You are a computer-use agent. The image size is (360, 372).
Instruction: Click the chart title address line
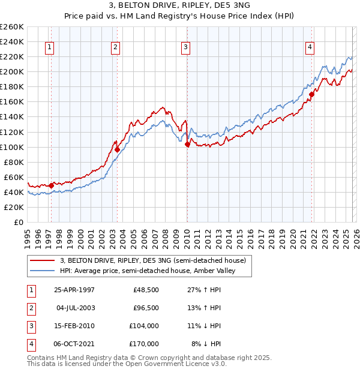pos(179,7)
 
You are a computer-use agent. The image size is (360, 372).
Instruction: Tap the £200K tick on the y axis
pos(12,72)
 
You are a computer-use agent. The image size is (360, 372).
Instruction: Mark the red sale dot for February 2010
pos(187,144)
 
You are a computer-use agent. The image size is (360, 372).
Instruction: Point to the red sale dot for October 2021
pos(311,94)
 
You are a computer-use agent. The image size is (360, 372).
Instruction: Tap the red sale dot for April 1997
pos(52,185)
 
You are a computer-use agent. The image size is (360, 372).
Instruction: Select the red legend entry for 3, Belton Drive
pos(153,260)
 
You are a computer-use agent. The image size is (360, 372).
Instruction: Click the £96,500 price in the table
pos(146,308)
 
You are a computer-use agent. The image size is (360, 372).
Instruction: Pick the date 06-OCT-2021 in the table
pos(74,344)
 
